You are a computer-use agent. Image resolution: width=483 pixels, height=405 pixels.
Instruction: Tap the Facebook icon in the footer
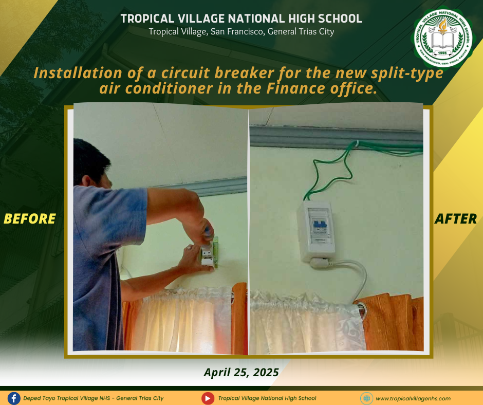[x=14, y=398]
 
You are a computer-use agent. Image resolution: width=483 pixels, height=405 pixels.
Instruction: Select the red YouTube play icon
[x=208, y=398]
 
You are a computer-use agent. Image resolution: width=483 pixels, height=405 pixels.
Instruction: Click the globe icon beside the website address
[x=366, y=398]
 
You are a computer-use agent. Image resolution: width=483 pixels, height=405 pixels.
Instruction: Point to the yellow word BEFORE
[x=30, y=219]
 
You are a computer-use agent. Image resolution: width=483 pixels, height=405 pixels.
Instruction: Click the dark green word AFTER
[x=456, y=219]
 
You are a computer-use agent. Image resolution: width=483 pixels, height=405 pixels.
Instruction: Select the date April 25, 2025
[x=241, y=372]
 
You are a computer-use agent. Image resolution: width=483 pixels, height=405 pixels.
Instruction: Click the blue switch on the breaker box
[x=320, y=224]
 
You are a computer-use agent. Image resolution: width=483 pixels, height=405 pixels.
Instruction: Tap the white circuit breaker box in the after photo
[x=315, y=231]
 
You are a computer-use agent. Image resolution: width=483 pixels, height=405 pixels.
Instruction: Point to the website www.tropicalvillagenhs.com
[x=413, y=398]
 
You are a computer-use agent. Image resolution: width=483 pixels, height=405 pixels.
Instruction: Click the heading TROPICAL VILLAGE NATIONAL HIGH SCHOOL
[x=241, y=19]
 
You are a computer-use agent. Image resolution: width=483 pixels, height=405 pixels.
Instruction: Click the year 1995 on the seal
[x=442, y=53]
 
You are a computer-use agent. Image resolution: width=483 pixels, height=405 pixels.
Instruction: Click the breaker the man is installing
[x=208, y=255]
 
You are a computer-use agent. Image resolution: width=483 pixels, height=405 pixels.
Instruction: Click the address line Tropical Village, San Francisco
[x=241, y=32]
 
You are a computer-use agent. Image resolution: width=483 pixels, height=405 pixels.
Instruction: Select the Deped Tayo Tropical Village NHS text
[x=94, y=398]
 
